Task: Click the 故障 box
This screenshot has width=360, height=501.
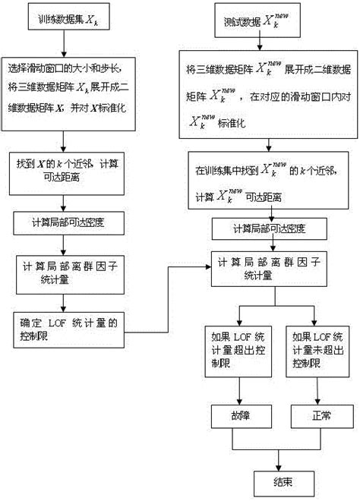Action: pos(240,417)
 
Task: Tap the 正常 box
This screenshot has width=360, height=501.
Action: pos(317,417)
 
